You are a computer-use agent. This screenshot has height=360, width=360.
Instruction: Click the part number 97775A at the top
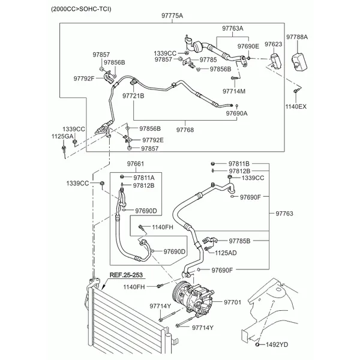pyautogui.click(x=172, y=16)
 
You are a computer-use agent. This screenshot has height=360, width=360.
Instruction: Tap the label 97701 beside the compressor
pyautogui.click(x=233, y=302)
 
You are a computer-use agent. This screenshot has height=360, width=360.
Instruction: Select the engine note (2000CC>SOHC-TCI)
pyautogui.click(x=81, y=9)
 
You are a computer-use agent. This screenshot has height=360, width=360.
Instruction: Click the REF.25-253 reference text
pyautogui.click(x=126, y=275)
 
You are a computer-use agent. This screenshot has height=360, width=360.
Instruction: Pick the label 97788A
pyautogui.click(x=297, y=37)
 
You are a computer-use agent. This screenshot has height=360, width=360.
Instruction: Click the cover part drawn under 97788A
pyautogui.click(x=299, y=62)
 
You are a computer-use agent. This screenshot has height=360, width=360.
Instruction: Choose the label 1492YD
pyautogui.click(x=277, y=344)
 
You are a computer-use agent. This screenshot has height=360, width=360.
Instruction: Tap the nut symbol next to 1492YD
pyautogui.click(x=257, y=344)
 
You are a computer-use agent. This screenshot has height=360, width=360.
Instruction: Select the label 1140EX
pyautogui.click(x=296, y=107)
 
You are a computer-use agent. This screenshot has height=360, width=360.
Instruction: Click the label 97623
pyautogui.click(x=273, y=44)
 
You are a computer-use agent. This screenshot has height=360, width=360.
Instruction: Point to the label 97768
pyautogui.click(x=185, y=130)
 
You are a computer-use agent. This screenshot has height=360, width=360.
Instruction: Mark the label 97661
pyautogui.click(x=136, y=164)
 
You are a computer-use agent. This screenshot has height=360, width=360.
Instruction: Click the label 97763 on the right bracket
pyautogui.click(x=284, y=214)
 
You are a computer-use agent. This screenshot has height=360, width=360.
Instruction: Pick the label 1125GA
pyautogui.click(x=62, y=136)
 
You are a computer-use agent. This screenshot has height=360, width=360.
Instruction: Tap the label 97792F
pyautogui.click(x=84, y=79)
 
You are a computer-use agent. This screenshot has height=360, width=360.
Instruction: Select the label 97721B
pyautogui.click(x=133, y=96)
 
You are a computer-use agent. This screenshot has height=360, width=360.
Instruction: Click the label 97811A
pyautogui.click(x=144, y=178)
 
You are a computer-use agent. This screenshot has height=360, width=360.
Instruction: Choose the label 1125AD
pyautogui.click(x=226, y=253)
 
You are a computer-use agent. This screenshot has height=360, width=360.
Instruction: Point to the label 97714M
pyautogui.click(x=234, y=91)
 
